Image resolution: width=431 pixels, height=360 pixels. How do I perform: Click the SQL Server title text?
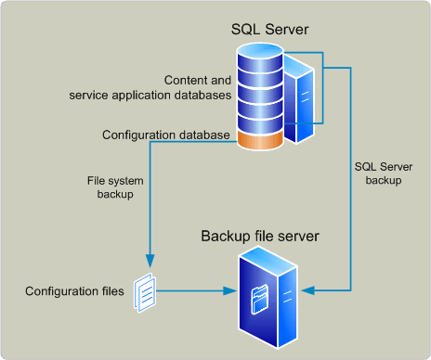[x=269, y=31]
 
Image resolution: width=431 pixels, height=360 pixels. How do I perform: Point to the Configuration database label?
[x=165, y=135]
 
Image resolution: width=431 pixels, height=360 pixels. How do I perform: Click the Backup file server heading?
[x=260, y=236]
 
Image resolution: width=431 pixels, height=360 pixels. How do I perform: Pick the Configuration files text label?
[x=74, y=291]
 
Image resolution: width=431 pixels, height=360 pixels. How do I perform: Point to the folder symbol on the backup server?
[x=262, y=302]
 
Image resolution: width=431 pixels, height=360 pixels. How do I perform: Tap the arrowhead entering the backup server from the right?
[x=311, y=291]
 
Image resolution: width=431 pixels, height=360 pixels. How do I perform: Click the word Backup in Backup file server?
[x=223, y=236]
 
